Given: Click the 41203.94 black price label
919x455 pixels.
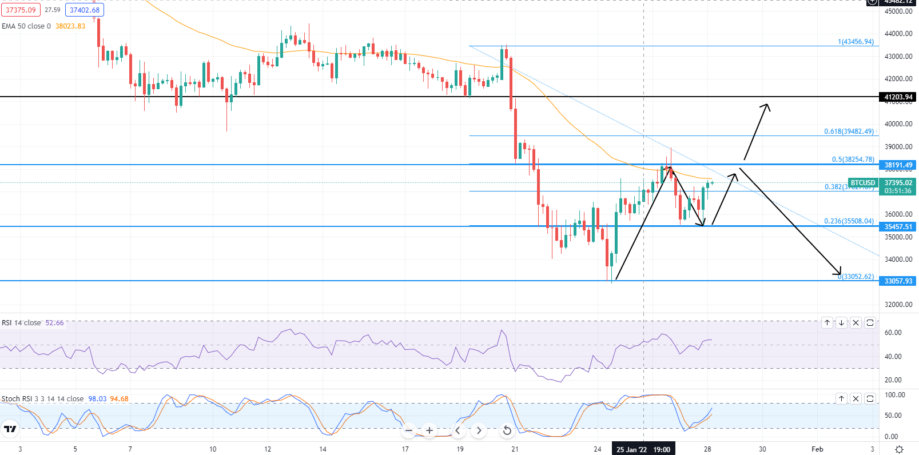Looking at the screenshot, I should click(898, 97).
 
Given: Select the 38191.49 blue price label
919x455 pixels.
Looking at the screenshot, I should click(898, 165).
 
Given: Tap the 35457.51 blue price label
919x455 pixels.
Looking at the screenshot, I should click(898, 227).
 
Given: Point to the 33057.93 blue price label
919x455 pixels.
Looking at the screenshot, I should click(898, 281).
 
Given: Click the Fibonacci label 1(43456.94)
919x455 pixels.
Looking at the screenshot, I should click(856, 42).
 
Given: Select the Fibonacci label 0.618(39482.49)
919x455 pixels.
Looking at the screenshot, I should click(849, 131).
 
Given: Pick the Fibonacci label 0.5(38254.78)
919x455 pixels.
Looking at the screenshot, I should click(853, 159).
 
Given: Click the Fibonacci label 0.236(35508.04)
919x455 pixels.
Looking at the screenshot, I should click(849, 221).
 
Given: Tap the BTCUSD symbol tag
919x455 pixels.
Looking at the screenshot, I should click(863, 183).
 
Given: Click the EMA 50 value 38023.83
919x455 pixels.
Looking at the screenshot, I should click(70, 26).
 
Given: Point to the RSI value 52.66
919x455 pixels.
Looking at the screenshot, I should click(54, 323).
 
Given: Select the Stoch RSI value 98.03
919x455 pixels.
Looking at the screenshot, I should click(97, 399).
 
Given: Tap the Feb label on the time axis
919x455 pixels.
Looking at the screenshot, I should click(817, 449).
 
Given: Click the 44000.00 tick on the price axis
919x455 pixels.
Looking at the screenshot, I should click(898, 34).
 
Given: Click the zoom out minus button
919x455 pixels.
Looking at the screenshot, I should click(408, 430).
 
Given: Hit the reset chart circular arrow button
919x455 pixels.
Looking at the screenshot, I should click(507, 430).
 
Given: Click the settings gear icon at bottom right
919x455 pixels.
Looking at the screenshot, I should click(899, 449).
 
